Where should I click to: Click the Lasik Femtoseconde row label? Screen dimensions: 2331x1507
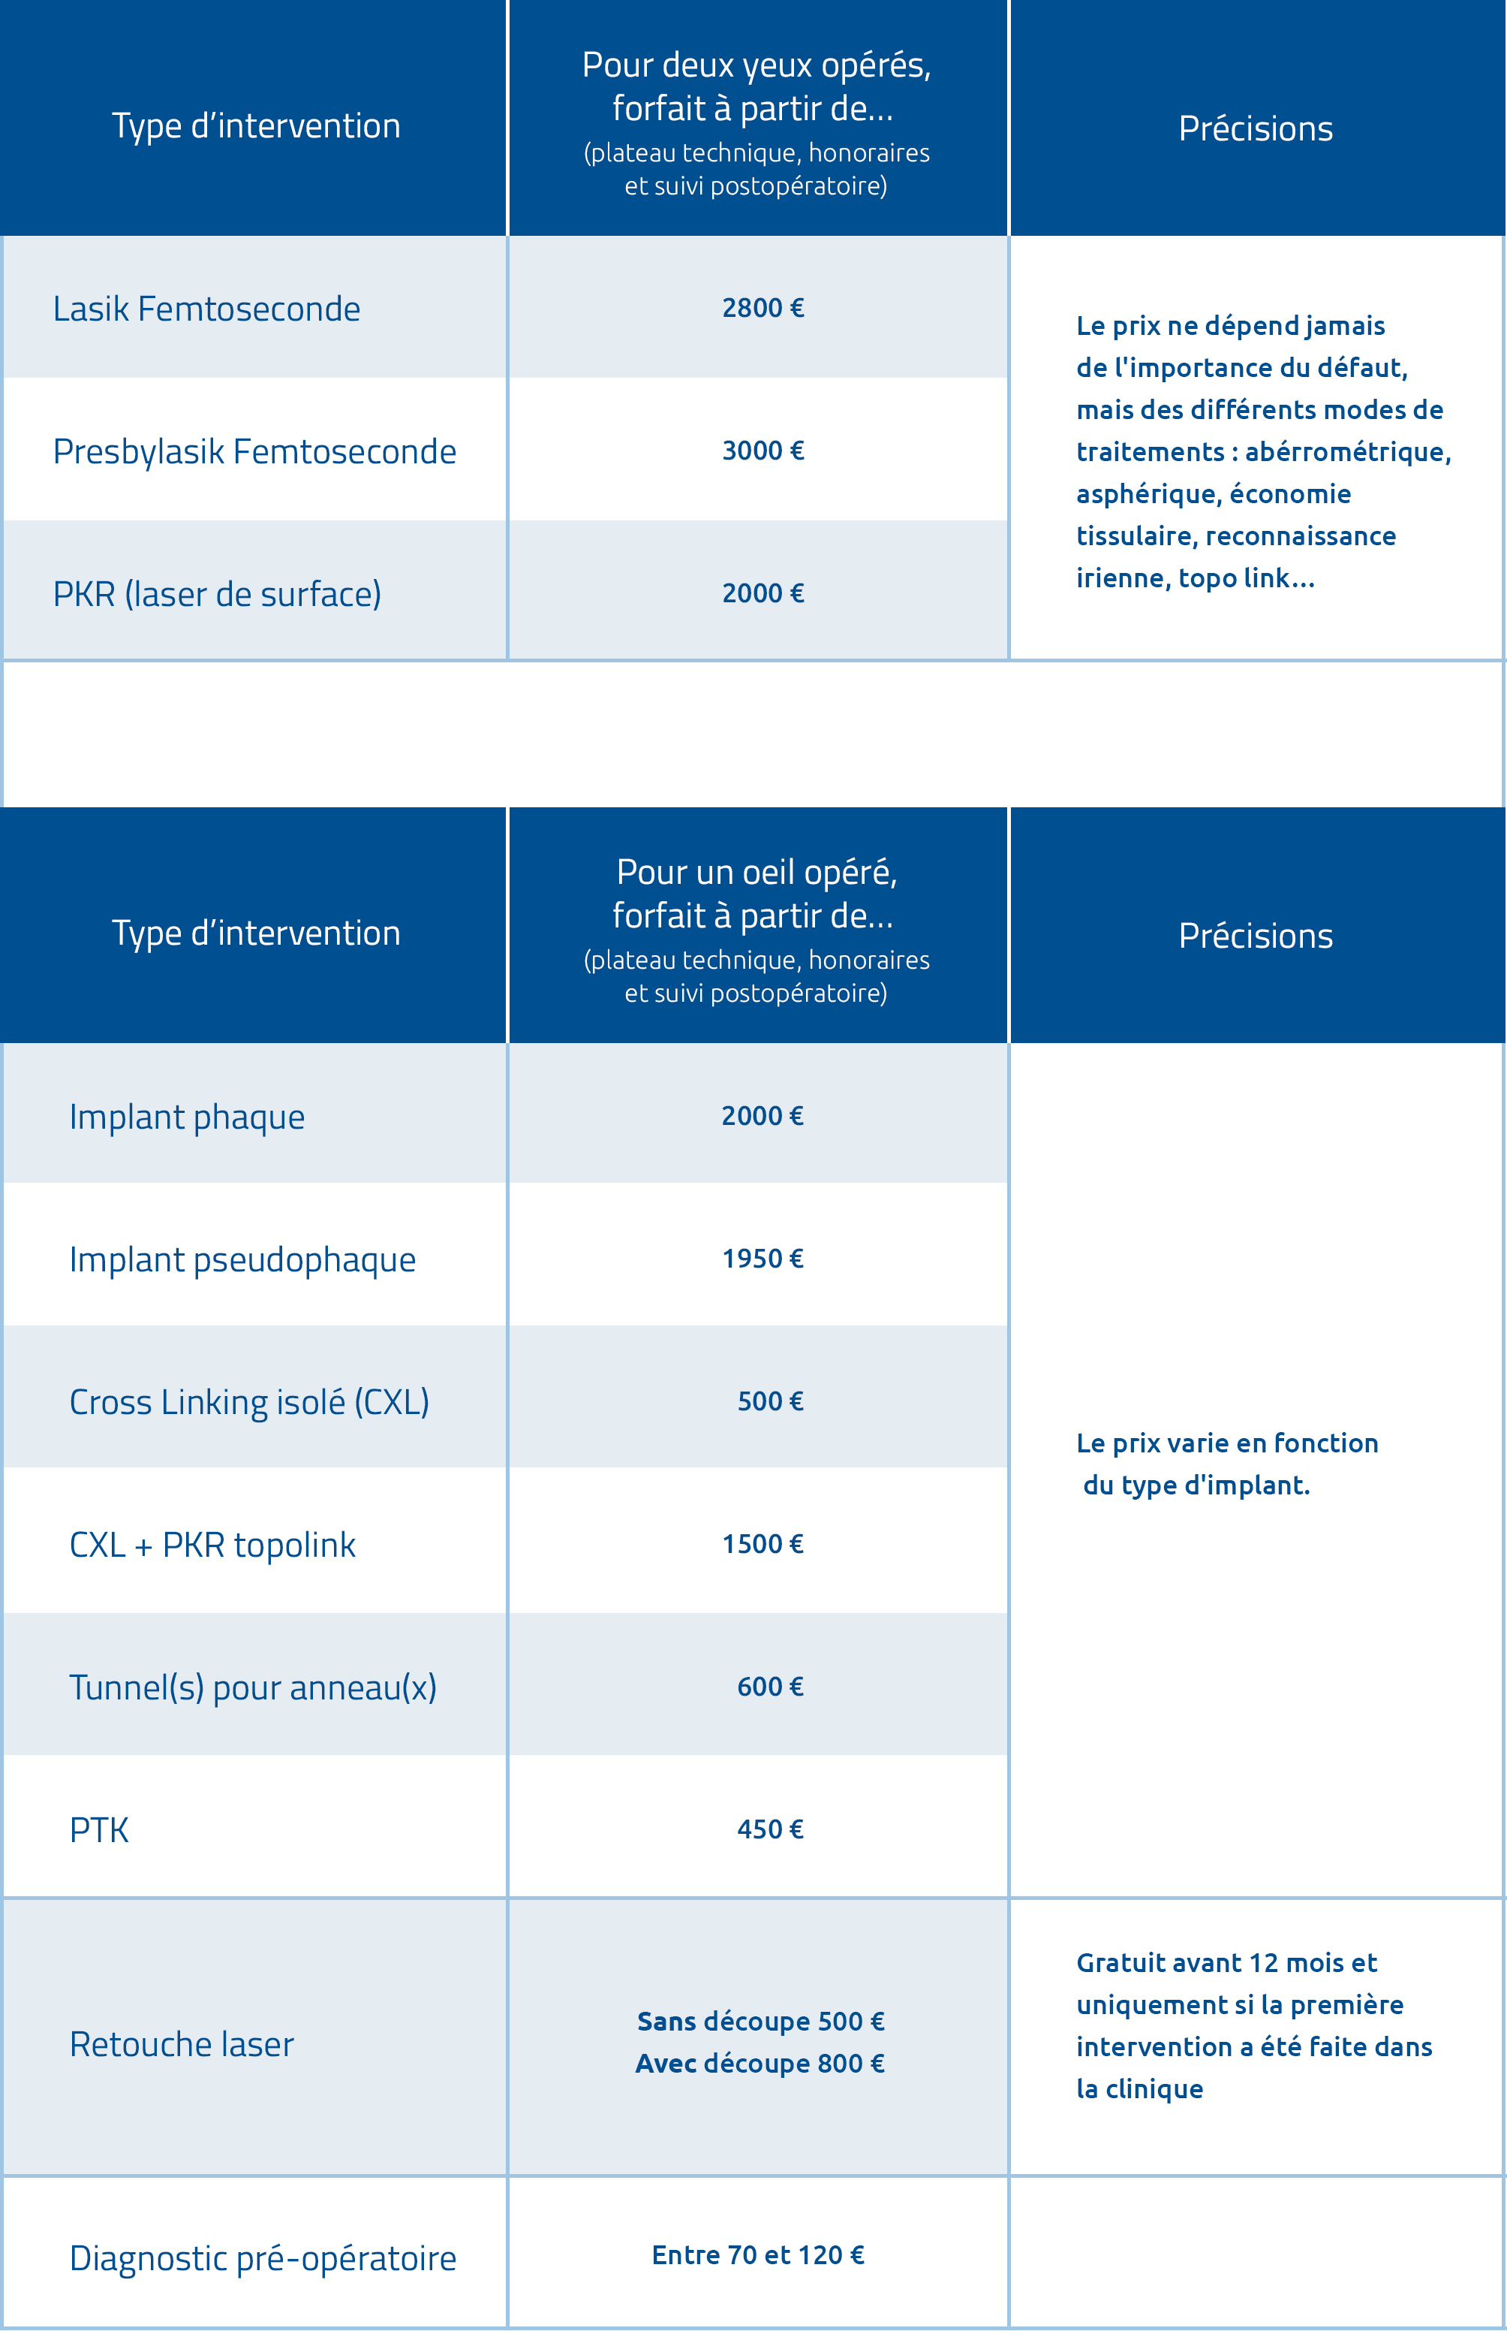click(x=206, y=309)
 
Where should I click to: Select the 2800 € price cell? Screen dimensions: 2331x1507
click(x=763, y=309)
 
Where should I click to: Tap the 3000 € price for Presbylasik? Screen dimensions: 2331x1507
click(x=763, y=451)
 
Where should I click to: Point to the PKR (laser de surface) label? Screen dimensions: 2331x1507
click(x=216, y=594)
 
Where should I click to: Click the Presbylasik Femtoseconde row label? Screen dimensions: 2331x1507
click(x=254, y=451)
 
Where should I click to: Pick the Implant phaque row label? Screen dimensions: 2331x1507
click(x=187, y=1117)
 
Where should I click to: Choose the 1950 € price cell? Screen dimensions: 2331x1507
click(x=763, y=1259)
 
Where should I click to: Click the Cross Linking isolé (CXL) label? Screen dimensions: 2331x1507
click(x=248, y=1402)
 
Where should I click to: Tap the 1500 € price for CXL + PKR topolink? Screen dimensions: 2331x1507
click(x=763, y=1545)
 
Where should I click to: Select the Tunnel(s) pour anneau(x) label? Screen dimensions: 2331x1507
click(x=252, y=1687)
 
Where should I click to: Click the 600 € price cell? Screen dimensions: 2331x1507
click(x=770, y=1687)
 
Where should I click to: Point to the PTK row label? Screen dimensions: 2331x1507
click(x=99, y=1831)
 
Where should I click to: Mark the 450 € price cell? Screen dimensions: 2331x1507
click(x=770, y=1830)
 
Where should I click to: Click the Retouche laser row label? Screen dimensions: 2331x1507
click(x=181, y=2045)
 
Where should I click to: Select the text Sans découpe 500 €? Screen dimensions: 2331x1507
click(x=760, y=2022)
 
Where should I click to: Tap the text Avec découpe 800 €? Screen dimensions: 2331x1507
click(x=760, y=2064)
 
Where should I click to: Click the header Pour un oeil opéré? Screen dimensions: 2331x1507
click(x=757, y=871)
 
